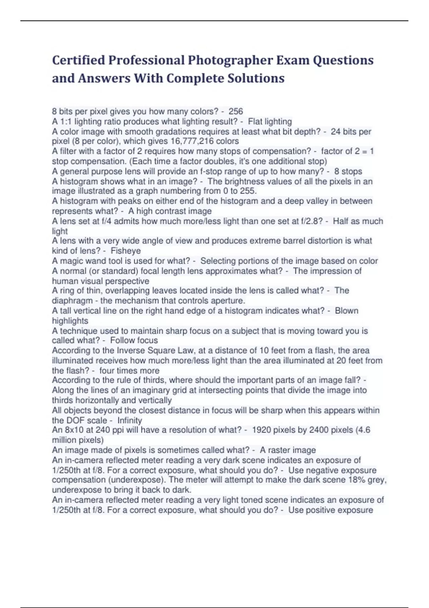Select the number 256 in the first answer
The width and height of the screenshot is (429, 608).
pyautogui.click(x=236, y=112)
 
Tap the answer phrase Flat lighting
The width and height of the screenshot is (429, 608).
pyautogui.click(x=270, y=122)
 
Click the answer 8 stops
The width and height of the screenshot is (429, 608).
pyautogui.click(x=348, y=171)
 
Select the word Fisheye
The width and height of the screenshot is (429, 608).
pyautogui.click(x=125, y=251)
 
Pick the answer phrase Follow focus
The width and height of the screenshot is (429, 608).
pyautogui.click(x=134, y=340)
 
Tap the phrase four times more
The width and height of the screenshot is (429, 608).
pyautogui.click(x=129, y=371)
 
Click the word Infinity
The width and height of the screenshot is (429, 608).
pyautogui.click(x=129, y=420)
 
